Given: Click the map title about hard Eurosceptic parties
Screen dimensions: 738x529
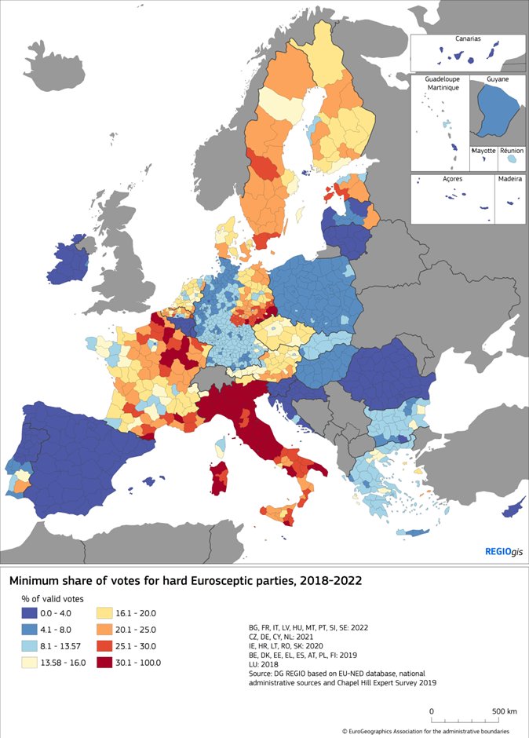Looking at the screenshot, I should pyautogui.click(x=184, y=582).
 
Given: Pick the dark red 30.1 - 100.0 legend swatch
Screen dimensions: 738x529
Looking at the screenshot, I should pyautogui.click(x=109, y=662).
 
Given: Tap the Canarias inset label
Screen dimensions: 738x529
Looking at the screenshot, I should pyautogui.click(x=468, y=38).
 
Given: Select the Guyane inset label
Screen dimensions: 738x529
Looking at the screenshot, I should pyautogui.click(x=497, y=79).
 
